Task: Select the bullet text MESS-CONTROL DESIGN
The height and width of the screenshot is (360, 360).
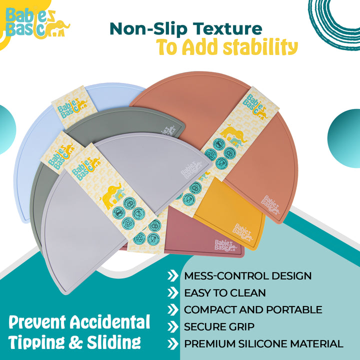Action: coord(247,276)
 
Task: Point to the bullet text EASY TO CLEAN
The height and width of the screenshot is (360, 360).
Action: coord(225,293)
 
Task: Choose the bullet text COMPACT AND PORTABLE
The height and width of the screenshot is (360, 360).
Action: coord(253,310)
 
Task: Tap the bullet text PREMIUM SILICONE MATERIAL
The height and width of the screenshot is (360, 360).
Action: coord(263,344)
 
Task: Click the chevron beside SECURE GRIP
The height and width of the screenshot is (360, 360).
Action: coord(173,327)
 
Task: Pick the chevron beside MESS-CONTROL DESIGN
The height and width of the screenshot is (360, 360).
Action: coord(173,276)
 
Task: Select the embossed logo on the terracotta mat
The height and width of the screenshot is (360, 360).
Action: coord(273,204)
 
